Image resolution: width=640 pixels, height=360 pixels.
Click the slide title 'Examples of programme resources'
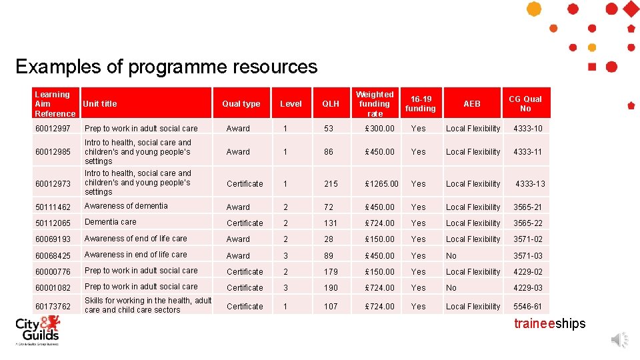pyautogui.click(x=166, y=67)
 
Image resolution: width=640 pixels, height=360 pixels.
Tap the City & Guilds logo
pyautogui.click(x=38, y=330)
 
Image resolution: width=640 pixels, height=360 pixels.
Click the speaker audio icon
pyautogui.click(x=619, y=340)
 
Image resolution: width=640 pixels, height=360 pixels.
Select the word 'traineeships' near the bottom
pyautogui.click(x=549, y=324)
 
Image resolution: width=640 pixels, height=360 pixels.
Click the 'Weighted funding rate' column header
pyautogui.click(x=374, y=104)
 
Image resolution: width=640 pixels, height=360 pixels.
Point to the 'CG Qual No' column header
pyautogui.click(x=525, y=103)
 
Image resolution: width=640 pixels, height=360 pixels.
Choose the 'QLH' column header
pyautogui.click(x=331, y=104)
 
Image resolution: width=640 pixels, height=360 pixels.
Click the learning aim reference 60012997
pyautogui.click(x=53, y=129)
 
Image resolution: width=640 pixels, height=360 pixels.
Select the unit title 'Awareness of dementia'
pyautogui.click(x=126, y=206)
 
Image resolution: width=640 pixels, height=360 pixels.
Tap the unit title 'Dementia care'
pyautogui.click(x=110, y=222)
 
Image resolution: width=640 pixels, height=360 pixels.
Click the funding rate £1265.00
pyautogui.click(x=382, y=184)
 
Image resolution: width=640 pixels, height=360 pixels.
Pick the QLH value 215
pyautogui.click(x=331, y=184)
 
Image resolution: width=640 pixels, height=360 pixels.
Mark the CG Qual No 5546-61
pyautogui.click(x=527, y=307)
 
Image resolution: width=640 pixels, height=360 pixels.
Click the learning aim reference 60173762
pyautogui.click(x=53, y=307)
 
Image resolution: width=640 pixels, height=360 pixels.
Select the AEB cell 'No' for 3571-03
pyautogui.click(x=451, y=255)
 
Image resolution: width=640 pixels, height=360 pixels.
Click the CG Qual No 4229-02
pyautogui.click(x=527, y=272)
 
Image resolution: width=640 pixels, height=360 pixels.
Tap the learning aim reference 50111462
pyautogui.click(x=53, y=207)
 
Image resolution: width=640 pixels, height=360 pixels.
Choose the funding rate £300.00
pyautogui.click(x=379, y=129)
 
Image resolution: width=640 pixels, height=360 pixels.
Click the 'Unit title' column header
pyautogui.click(x=100, y=104)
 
